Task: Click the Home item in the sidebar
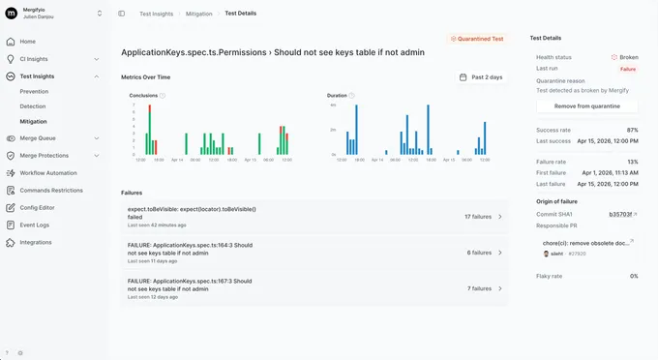click(27, 42)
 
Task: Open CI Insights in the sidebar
click(34, 58)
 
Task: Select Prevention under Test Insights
click(35, 91)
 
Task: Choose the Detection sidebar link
click(33, 106)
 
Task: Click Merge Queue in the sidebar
click(38, 138)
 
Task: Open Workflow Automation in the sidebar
click(47, 172)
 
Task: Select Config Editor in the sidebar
click(37, 207)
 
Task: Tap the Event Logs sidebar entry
click(34, 225)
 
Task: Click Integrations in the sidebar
click(36, 242)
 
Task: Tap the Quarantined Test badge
click(477, 39)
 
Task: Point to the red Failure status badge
click(628, 70)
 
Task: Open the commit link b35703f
click(620, 214)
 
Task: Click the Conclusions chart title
click(143, 96)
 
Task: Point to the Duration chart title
click(337, 96)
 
